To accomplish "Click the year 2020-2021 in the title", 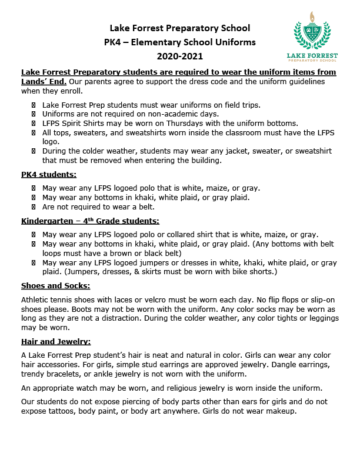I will tap(179, 56).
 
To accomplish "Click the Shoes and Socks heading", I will tap(55, 286).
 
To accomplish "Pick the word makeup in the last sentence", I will tap(278, 411).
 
